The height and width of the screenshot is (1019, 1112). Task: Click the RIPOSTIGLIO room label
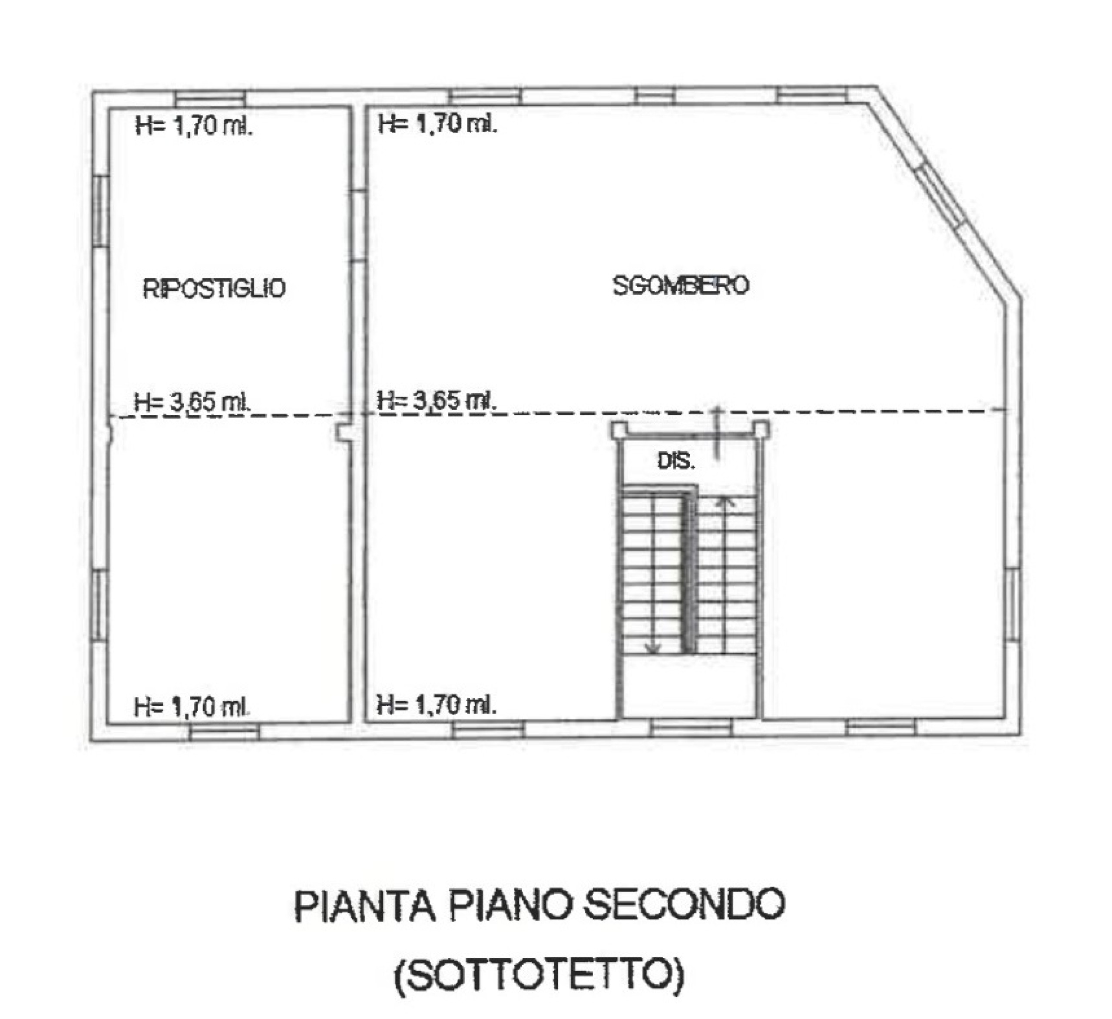coord(214,289)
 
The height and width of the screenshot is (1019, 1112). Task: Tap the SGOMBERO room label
coord(680,285)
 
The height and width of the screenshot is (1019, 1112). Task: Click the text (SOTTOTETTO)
coord(539,974)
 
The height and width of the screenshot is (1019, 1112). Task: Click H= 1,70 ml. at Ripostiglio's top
coord(194,127)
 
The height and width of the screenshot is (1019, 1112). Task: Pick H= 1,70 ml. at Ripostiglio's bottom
coord(192,707)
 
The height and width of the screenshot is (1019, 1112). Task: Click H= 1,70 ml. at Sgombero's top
coord(437,124)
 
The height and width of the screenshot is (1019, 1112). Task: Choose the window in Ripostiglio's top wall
coord(210,98)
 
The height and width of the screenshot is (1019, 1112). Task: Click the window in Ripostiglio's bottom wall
coord(224,731)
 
